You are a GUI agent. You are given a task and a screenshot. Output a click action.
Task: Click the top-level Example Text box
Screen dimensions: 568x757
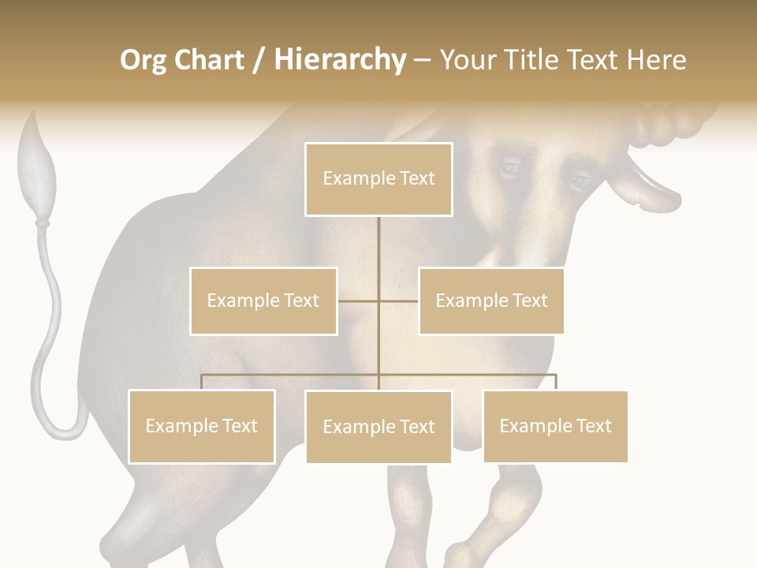(378, 179)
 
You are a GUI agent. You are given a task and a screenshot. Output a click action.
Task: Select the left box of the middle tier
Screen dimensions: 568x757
(263, 301)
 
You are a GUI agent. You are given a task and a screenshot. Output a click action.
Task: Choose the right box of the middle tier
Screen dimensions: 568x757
(491, 301)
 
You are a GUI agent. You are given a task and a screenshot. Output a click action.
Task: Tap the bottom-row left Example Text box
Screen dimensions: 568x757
(201, 426)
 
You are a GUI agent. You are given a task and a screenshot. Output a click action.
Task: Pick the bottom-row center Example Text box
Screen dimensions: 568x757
(378, 427)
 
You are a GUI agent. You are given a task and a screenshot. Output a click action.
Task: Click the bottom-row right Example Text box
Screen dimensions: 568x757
(555, 426)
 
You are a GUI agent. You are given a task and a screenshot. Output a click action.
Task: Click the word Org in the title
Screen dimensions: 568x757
(143, 61)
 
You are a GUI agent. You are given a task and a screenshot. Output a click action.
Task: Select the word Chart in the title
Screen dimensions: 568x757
(208, 60)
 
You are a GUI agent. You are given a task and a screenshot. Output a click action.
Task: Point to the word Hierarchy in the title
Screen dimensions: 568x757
(340, 61)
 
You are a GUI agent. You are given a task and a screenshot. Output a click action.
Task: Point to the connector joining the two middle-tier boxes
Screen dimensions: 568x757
(378, 301)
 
